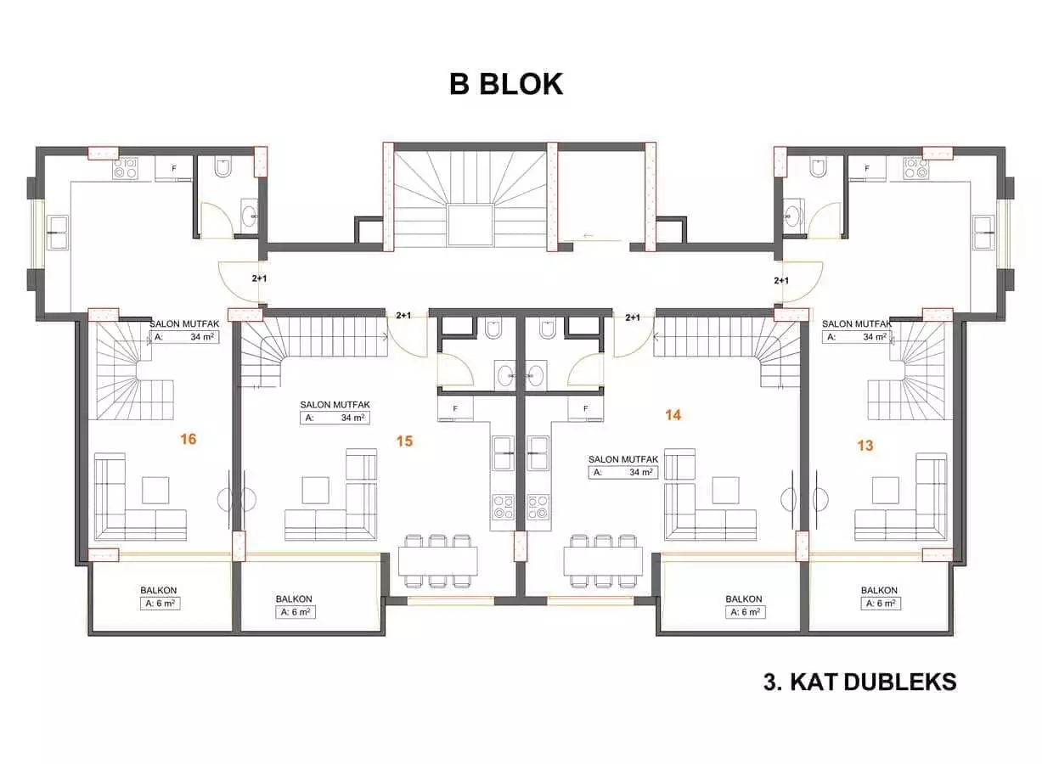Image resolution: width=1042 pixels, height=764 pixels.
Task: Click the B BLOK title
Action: (x=505, y=85)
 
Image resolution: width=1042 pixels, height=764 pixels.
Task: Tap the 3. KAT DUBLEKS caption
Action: (x=859, y=682)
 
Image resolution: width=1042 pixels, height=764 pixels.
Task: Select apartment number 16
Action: (x=189, y=439)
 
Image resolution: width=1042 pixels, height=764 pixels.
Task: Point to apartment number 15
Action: (x=404, y=441)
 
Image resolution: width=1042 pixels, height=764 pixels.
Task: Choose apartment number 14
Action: (x=673, y=415)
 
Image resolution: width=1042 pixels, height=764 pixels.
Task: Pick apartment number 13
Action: (x=865, y=445)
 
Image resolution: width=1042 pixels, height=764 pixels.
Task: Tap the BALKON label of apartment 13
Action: (x=879, y=590)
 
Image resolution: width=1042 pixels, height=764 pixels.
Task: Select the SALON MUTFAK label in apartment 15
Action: (x=334, y=405)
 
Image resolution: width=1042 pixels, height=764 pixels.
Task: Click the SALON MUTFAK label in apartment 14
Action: (x=622, y=459)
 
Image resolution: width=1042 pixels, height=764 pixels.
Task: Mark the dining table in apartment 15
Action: (x=437, y=561)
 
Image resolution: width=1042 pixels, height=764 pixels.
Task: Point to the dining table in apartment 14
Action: (x=603, y=561)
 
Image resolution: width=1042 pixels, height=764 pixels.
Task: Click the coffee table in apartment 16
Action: (x=155, y=491)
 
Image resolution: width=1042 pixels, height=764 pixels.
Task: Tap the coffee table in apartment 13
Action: (x=885, y=491)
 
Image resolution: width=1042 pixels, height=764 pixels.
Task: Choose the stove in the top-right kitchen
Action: (x=914, y=168)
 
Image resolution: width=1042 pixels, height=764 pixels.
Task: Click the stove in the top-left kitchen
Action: (x=126, y=168)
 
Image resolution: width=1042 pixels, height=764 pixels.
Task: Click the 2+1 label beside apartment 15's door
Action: (x=404, y=316)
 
